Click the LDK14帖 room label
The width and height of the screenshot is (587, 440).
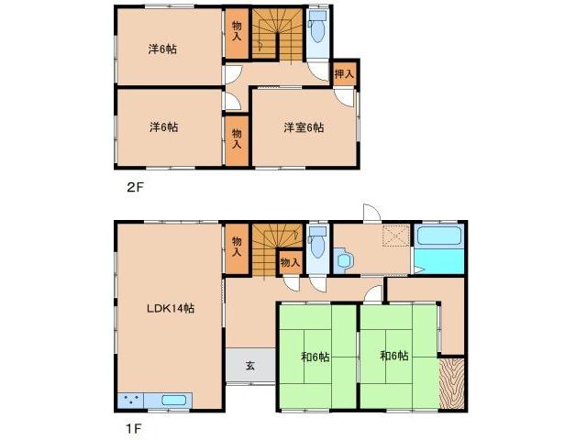171,309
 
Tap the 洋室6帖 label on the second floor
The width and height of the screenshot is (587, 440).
304,127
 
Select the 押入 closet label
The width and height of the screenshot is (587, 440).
344,73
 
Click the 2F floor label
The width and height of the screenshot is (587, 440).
135,187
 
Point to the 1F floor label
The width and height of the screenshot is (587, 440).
134,428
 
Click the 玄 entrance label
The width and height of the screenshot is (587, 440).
250,365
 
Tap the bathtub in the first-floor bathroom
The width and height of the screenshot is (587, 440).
438,236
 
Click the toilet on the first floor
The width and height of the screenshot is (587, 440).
317,242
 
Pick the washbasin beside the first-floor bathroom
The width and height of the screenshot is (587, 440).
343,259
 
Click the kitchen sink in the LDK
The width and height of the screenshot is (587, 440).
173,401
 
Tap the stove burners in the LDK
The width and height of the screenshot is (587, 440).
131,400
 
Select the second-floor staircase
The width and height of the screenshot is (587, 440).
277,35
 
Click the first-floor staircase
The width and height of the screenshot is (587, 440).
277,250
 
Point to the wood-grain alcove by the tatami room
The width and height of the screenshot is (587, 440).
452,383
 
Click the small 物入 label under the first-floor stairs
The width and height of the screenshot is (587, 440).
290,263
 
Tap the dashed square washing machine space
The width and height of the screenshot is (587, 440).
396,236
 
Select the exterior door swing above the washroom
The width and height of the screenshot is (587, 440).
371,213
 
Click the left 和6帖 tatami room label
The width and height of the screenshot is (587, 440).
316,357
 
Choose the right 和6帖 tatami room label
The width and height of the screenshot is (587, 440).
393,356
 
